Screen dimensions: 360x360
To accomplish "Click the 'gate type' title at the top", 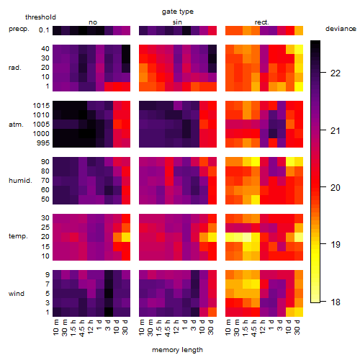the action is tap(178, 12).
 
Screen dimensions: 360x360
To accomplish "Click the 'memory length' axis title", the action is tap(178, 350).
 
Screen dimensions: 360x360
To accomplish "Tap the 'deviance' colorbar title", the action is tap(341, 29).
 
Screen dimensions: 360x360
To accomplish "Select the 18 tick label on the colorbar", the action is tap(336, 302).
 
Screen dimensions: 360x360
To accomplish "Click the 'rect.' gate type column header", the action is tap(262, 22).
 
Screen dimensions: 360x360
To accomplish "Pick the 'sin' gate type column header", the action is tap(177, 22).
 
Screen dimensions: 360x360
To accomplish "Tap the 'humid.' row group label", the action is tap(20, 181).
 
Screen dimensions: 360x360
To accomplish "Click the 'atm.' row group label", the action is tap(16, 125).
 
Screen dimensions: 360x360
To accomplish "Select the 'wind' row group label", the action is tap(17, 294).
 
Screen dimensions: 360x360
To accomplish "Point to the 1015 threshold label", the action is tap(41, 106).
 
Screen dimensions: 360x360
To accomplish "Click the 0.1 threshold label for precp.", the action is tap(44, 30).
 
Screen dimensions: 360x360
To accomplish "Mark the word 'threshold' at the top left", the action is tap(40, 17).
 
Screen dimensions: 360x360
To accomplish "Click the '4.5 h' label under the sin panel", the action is tap(169, 328).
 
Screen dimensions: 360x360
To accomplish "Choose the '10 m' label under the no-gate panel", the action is tap(57, 328).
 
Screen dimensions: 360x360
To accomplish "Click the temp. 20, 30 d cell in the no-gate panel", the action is tap(126, 237).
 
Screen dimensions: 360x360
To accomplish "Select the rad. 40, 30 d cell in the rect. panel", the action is tap(299, 50).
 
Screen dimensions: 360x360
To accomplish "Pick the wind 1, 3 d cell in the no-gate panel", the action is tap(109, 312).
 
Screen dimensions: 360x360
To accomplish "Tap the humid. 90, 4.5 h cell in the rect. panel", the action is tap(256, 162).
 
